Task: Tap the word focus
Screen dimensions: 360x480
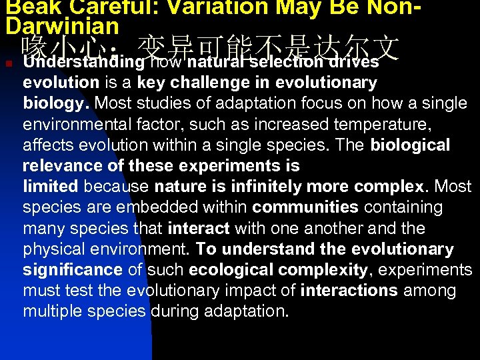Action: (315, 103)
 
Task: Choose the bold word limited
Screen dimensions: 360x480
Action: (51, 187)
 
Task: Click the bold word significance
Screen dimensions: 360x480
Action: (73, 270)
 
